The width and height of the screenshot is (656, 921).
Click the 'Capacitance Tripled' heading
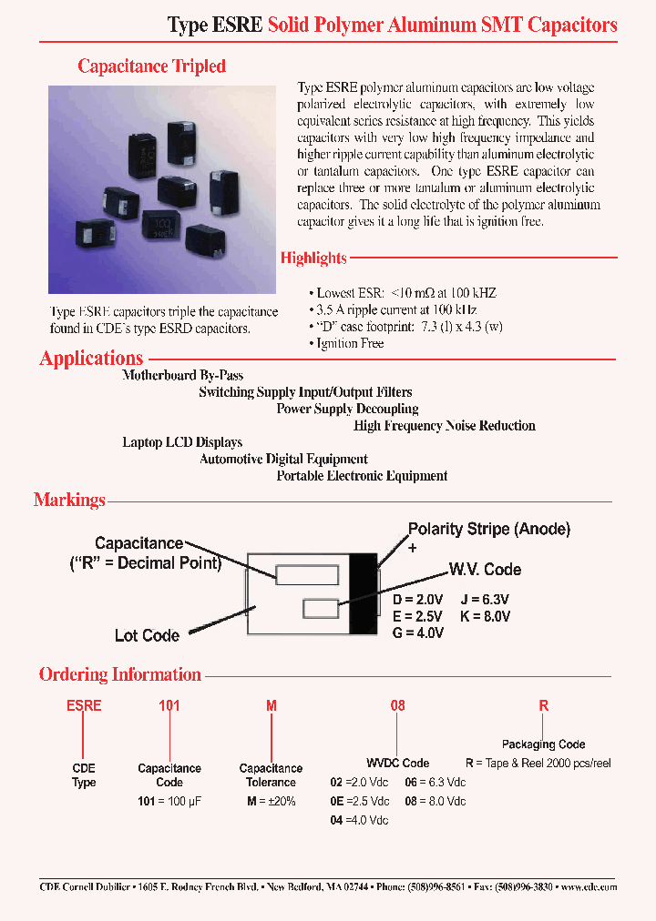[x=151, y=66]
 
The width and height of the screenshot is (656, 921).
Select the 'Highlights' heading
[x=313, y=258]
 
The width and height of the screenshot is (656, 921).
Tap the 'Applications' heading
[x=91, y=359]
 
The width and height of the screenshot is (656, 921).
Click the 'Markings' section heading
[x=69, y=500]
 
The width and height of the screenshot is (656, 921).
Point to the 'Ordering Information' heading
[x=119, y=674]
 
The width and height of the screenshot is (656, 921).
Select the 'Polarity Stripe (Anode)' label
[x=488, y=529]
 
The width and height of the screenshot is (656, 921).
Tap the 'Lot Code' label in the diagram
[x=147, y=635]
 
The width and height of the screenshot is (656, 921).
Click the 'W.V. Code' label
[x=485, y=570]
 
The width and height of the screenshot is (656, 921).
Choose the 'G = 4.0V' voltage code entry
[x=417, y=633]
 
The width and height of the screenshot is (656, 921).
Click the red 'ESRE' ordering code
[x=83, y=705]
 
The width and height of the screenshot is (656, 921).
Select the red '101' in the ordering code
[x=169, y=705]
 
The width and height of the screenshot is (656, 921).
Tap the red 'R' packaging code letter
[x=544, y=705]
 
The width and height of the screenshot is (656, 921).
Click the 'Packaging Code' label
[x=543, y=744]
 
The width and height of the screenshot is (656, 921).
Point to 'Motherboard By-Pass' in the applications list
[x=182, y=375]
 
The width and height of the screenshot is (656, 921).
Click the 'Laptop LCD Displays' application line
[x=182, y=442]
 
